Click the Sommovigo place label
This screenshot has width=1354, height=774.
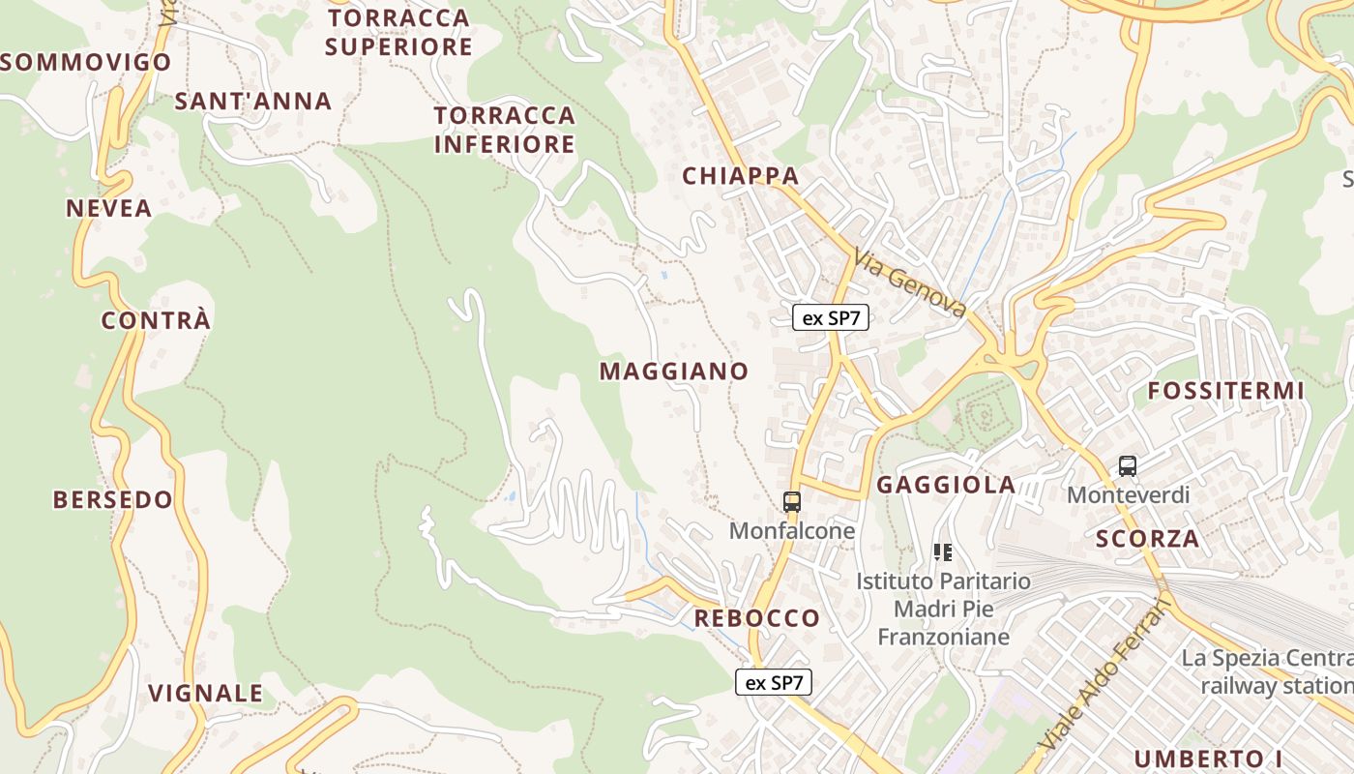(x=85, y=63)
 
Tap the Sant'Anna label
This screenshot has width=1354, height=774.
(x=253, y=101)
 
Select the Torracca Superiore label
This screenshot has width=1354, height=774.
(x=398, y=32)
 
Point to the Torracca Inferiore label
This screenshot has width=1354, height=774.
(x=505, y=130)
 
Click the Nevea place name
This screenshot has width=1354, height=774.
(x=109, y=208)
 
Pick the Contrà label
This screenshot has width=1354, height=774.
(x=156, y=320)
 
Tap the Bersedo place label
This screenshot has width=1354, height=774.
(x=113, y=499)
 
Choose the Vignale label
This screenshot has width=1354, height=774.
(x=206, y=693)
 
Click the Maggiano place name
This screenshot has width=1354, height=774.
(x=674, y=371)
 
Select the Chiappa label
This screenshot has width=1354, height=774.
(x=741, y=175)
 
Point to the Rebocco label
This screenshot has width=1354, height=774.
(x=757, y=617)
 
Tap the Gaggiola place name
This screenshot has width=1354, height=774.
(x=946, y=485)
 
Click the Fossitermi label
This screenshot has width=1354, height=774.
(x=1226, y=391)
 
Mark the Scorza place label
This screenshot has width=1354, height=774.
(x=1148, y=539)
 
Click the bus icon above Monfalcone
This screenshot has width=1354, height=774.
(x=792, y=501)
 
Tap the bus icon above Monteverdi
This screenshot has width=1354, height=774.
(x=1128, y=466)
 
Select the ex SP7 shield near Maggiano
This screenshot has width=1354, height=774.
(x=831, y=317)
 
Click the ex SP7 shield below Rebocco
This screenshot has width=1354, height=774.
(x=774, y=682)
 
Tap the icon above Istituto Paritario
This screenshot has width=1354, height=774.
(x=943, y=552)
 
